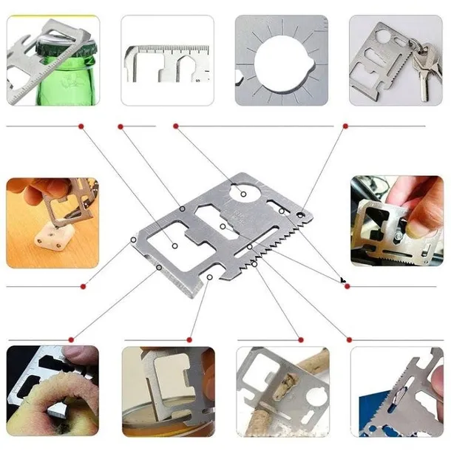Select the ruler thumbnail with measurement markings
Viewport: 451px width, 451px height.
[167, 60]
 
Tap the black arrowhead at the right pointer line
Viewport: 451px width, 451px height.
[342, 280]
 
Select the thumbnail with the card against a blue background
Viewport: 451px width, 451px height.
[396, 392]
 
